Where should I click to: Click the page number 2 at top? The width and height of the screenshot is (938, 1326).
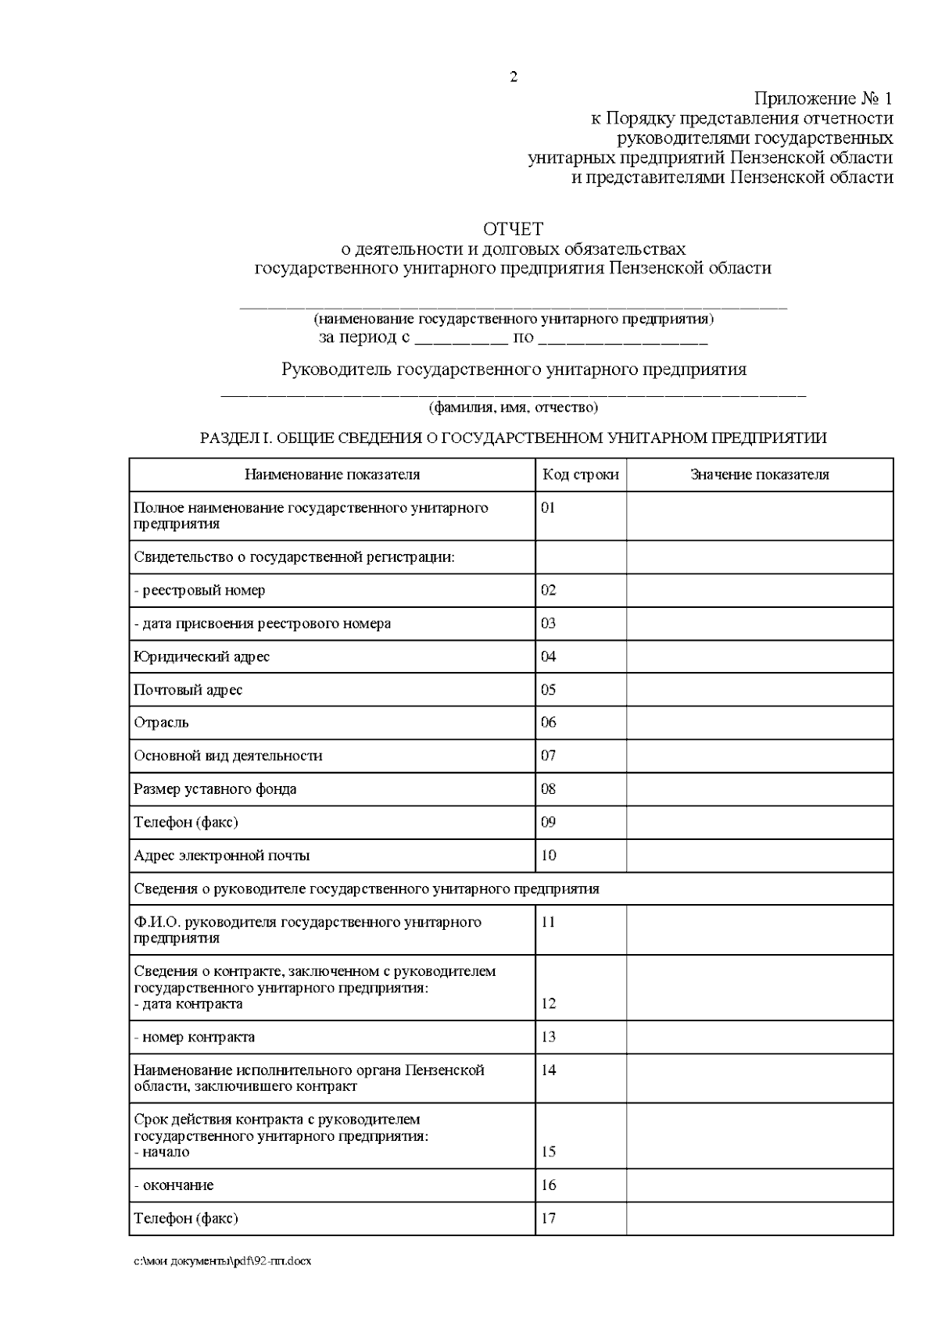tap(513, 77)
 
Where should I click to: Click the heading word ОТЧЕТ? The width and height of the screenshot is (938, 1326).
tap(513, 229)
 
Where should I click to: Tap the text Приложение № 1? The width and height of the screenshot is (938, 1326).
tap(822, 99)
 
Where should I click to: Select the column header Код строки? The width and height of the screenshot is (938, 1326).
tap(581, 474)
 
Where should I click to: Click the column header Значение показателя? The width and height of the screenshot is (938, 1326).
tap(759, 474)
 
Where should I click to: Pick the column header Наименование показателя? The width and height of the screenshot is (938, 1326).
tap(332, 474)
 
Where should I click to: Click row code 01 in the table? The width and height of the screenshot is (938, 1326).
tap(548, 507)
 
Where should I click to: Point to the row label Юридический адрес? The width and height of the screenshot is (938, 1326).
tap(202, 656)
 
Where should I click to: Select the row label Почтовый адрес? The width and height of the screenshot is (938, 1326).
tap(188, 689)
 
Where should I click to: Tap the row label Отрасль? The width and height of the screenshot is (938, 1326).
tap(161, 722)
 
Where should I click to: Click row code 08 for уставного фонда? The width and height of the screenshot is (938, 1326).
tap(548, 788)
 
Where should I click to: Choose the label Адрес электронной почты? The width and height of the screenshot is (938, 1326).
tap(222, 855)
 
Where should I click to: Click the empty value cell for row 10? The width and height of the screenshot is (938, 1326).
tap(759, 855)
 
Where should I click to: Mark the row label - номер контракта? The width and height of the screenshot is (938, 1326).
tap(195, 1037)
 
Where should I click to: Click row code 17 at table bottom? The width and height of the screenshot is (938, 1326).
tap(548, 1217)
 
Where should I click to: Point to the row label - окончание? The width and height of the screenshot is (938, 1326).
tap(174, 1185)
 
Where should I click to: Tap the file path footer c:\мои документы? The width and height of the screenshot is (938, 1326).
tap(223, 1261)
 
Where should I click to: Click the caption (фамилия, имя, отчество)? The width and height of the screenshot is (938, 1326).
tap(513, 407)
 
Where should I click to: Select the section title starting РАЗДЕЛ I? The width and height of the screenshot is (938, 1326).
tap(513, 438)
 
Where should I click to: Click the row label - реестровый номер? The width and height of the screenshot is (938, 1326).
tap(199, 590)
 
